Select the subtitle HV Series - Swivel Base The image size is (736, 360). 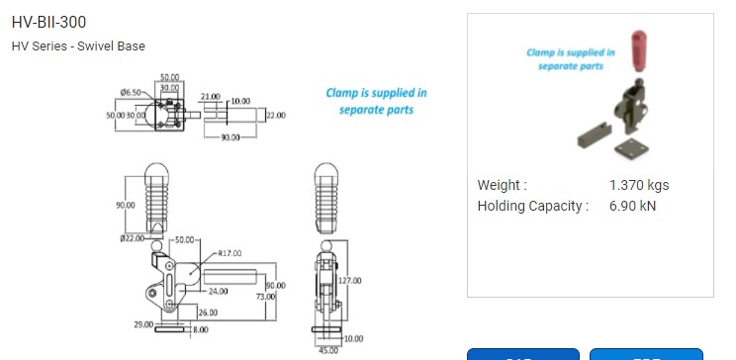point(78,46)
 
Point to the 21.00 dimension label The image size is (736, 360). point(210,97)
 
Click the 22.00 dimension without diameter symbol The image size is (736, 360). point(275,116)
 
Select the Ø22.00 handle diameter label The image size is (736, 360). point(133,238)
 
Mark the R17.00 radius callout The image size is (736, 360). point(230,253)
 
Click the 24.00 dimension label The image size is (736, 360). point(219,291)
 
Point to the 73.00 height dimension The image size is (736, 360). point(265,297)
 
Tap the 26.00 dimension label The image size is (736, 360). point(208,313)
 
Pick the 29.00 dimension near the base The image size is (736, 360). point(143,323)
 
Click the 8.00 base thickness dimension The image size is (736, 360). point(200,329)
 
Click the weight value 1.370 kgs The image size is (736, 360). point(639,185)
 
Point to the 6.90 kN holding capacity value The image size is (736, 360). point(633,206)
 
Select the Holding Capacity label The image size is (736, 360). point(532,206)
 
